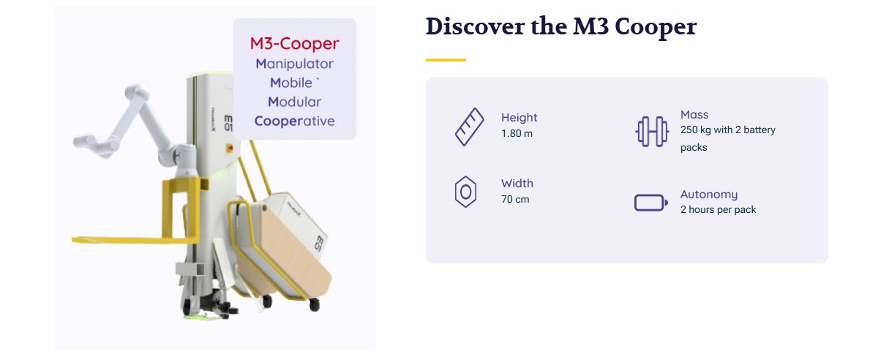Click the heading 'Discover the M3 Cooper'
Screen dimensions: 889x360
(560, 26)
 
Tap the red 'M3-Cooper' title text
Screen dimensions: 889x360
(294, 43)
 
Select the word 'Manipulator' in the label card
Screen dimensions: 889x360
(294, 64)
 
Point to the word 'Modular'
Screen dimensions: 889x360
(294, 102)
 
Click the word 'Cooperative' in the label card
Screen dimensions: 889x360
(294, 121)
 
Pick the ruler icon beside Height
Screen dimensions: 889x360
(470, 127)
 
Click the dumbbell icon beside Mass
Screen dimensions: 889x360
(652, 132)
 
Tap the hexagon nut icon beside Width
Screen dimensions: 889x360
(465, 192)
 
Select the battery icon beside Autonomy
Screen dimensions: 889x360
(651, 203)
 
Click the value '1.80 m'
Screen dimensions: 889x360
(517, 133)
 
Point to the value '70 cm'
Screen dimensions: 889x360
(515, 199)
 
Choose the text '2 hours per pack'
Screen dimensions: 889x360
(718, 209)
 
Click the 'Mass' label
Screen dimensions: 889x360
(694, 115)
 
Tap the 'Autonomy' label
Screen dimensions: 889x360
(709, 195)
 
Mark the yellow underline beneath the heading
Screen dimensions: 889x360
(446, 60)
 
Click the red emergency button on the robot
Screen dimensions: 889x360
(230, 148)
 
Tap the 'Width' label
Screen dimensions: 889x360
(517, 184)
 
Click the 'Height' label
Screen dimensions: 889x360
(519, 118)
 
